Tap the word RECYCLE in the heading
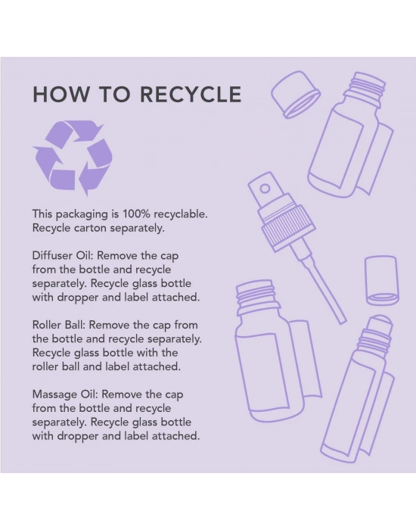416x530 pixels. (191, 94)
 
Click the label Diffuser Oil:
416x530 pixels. (63, 255)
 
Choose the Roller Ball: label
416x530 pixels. (59, 325)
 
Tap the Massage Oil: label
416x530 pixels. (65, 394)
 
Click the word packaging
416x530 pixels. (82, 214)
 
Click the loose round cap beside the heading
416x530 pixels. (296, 95)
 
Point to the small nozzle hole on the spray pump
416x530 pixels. (265, 189)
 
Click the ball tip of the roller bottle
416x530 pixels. (382, 322)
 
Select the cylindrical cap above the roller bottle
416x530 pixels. (382, 281)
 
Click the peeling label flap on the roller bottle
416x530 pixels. (378, 415)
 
